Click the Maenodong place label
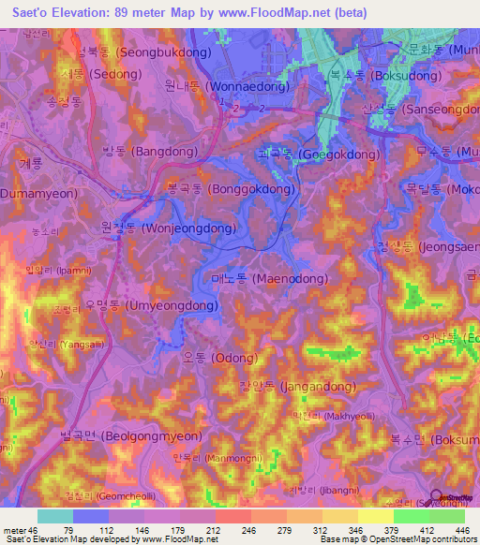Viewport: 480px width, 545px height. tap(270, 279)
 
